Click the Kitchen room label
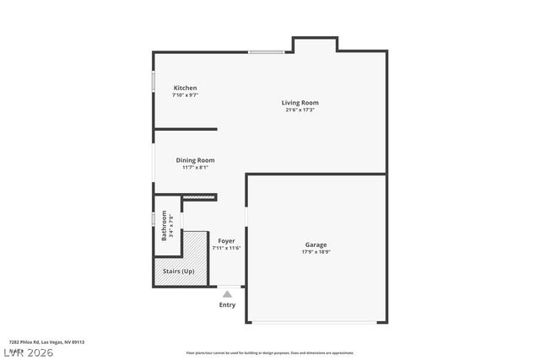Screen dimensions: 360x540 185,88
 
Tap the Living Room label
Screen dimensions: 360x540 300,103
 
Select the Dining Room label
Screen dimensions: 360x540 195,160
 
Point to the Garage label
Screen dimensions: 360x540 316,244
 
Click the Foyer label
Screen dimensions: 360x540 226,241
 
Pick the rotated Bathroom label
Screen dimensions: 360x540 165,225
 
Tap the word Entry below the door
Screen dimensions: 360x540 227,304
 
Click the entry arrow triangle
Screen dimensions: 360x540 227,294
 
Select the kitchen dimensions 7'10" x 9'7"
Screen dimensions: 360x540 185,95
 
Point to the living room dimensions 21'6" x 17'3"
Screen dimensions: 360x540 300,110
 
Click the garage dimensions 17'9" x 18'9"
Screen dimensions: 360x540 316,252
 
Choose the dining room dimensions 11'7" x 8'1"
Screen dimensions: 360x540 195,167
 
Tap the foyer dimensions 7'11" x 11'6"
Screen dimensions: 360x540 226,248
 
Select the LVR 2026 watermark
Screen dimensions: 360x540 27,352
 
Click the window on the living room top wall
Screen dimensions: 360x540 265,52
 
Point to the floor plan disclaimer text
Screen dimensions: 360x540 270,353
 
